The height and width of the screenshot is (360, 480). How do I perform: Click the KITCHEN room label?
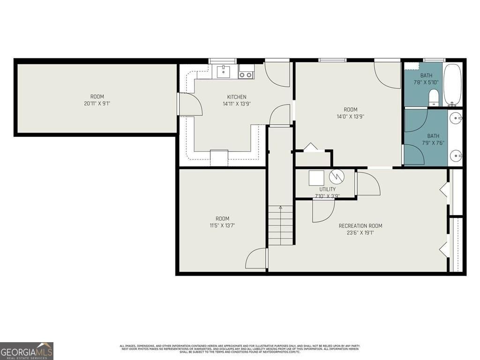237,97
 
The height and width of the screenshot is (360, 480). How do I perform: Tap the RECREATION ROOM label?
360,226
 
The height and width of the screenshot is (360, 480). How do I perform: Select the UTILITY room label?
327,189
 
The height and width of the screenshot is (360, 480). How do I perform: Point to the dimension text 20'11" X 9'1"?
97,104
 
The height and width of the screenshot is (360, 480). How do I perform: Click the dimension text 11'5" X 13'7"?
222,225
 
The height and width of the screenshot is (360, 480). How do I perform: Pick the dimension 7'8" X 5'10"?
426,82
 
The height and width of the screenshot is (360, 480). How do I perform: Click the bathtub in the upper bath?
452,85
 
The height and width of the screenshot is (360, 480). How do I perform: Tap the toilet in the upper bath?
434,97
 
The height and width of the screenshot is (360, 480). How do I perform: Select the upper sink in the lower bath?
455,118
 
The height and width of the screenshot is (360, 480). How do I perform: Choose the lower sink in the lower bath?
455,155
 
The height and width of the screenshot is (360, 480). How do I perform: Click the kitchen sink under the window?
224,71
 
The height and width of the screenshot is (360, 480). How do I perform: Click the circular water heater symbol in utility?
337,177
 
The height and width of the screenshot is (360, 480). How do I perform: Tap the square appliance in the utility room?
316,178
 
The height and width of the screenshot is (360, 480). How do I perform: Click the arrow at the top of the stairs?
281,207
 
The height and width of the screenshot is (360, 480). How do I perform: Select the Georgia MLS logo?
27,351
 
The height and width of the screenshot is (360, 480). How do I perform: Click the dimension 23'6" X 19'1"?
360,232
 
